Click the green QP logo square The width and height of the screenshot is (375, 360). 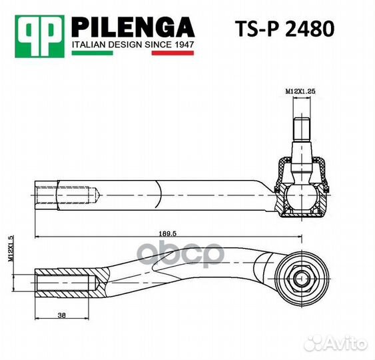click(40, 37)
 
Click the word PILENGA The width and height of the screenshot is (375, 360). click(133, 27)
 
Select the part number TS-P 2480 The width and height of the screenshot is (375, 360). click(284, 29)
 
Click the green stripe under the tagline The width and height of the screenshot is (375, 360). click(93, 53)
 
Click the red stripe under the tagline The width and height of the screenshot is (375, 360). click(173, 53)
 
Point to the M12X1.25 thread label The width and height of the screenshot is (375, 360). click(300, 91)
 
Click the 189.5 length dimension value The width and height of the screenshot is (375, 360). click(167, 233)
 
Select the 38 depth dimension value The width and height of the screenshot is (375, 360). click(61, 315)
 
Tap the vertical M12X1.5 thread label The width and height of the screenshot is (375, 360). click(11, 249)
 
